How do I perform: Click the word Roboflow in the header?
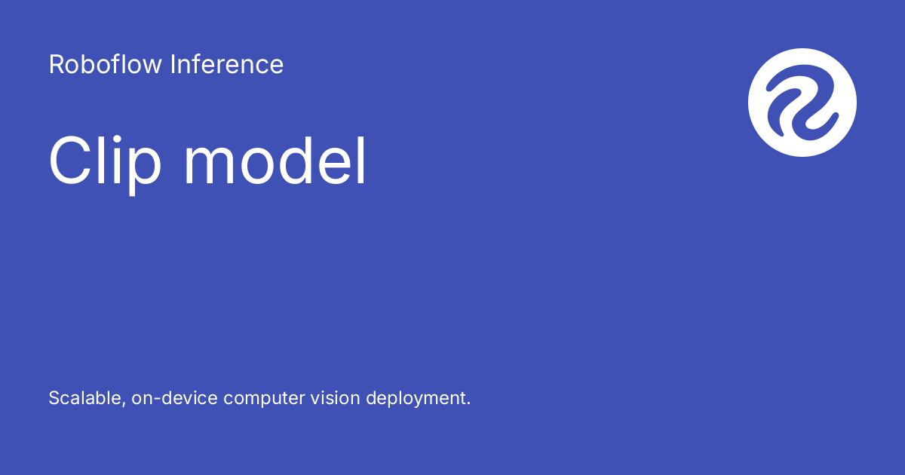(x=105, y=65)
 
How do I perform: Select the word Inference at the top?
(x=227, y=65)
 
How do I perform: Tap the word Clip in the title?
(x=105, y=162)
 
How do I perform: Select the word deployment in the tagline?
(x=417, y=399)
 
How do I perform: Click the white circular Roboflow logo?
(x=802, y=103)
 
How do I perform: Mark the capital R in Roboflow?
(x=57, y=65)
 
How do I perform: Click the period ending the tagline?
(x=468, y=403)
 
